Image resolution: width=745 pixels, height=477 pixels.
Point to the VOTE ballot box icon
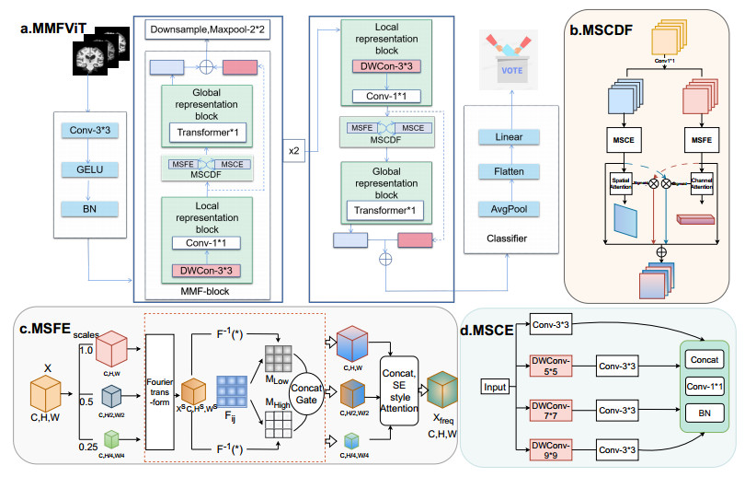pos(509,58)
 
